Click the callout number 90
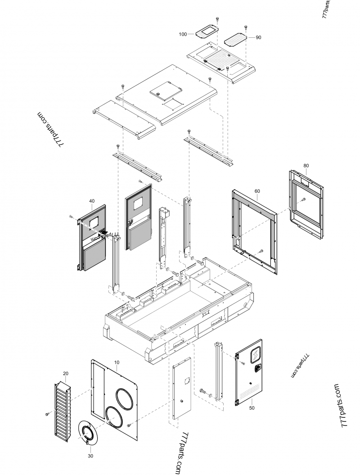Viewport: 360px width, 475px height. tap(258, 38)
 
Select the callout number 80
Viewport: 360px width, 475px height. tap(306, 166)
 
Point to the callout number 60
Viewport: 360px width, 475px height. tap(257, 191)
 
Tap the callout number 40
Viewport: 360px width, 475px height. tap(92, 201)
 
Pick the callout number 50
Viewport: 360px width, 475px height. tap(252, 407)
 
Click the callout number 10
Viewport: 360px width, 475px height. tap(117, 362)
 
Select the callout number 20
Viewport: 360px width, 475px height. tap(66, 374)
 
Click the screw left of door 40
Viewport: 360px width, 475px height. tap(71, 217)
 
